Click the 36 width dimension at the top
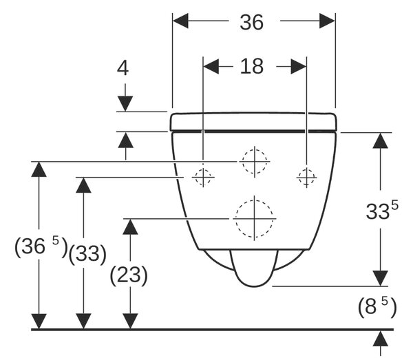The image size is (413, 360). pos(251,22)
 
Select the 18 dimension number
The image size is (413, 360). pos(251,66)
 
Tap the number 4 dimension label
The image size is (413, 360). pos(123,68)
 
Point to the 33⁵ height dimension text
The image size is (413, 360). pos(382,210)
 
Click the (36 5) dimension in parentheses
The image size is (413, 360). pos(41,247)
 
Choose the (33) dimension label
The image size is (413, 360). pos(87,254)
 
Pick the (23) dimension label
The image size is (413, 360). pos(129,275)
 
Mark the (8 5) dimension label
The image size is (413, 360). pos(377,306)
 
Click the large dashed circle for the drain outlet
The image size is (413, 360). pos(254,219)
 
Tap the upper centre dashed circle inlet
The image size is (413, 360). pos(255,162)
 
